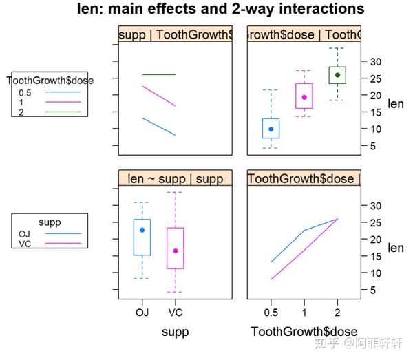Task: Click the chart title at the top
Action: point(221,10)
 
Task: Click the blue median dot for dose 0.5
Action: point(271,129)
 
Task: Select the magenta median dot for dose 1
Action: point(304,97)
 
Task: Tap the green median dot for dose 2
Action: point(337,74)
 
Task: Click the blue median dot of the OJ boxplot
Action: point(142,230)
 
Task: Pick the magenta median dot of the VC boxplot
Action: point(175,251)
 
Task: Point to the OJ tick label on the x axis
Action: point(142,312)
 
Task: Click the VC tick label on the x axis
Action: point(175,312)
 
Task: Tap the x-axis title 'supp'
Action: point(175,332)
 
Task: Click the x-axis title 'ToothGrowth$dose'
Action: point(304,332)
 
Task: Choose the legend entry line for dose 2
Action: point(62,112)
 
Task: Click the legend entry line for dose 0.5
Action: point(62,91)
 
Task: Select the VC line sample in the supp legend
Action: point(62,244)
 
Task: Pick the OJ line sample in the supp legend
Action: point(62,233)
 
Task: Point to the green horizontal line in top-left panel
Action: point(158,74)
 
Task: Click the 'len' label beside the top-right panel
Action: point(396,104)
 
